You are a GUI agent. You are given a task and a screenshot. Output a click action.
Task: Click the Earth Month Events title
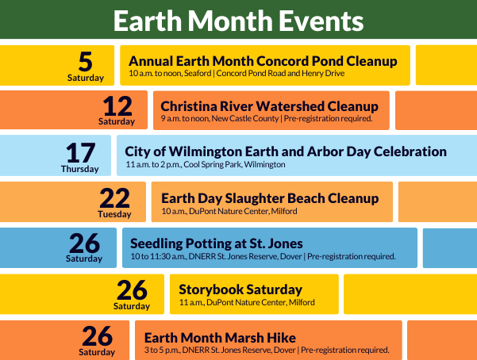pyautogui.click(x=238, y=20)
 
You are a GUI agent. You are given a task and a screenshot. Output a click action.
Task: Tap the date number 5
pyautogui.click(x=86, y=61)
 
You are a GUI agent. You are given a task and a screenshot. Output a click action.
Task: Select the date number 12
pyautogui.click(x=117, y=106)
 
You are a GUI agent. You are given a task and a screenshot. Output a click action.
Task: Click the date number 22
pyautogui.click(x=114, y=197)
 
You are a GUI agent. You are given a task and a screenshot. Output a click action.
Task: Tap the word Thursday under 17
pyautogui.click(x=79, y=169)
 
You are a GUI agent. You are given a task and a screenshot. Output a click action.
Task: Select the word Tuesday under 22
pyautogui.click(x=114, y=214)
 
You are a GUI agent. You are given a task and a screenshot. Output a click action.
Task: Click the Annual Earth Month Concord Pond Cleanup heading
pyautogui.click(x=262, y=61)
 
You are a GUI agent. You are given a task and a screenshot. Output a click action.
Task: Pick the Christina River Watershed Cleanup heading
pyautogui.click(x=269, y=105)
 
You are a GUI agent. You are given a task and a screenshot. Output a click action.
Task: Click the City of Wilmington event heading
pyautogui.click(x=286, y=151)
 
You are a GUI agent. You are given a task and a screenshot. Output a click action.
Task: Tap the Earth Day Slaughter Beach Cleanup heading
pyautogui.click(x=270, y=197)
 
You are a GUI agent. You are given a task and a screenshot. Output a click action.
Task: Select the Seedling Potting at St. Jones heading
pyautogui.click(x=216, y=243)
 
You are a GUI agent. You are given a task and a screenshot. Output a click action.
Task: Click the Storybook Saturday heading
pyautogui.click(x=240, y=289)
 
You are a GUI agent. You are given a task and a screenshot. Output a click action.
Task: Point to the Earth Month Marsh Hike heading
pyautogui.click(x=227, y=335)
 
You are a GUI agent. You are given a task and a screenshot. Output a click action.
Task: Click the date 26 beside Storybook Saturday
pyautogui.click(x=132, y=289)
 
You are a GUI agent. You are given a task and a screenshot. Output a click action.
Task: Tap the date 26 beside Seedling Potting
pyautogui.click(x=84, y=243)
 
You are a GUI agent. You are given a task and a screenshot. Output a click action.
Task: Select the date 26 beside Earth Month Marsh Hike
pyautogui.click(x=97, y=335)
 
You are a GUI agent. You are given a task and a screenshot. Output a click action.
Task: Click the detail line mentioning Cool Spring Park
pyautogui.click(x=205, y=165)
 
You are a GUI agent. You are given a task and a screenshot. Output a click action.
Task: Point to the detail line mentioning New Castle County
pyautogui.click(x=266, y=119)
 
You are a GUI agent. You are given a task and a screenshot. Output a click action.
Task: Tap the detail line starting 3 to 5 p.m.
pyautogui.click(x=266, y=349)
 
